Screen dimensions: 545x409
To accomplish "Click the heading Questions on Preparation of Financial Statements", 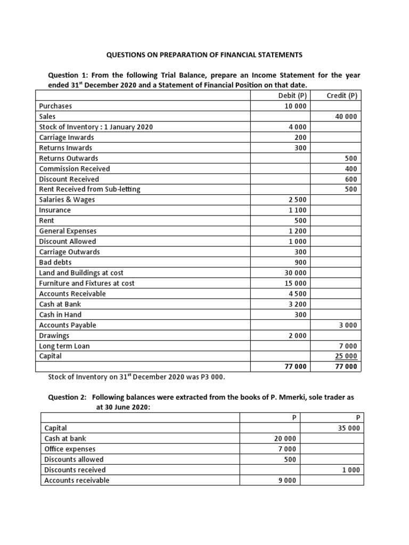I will click(x=204, y=55).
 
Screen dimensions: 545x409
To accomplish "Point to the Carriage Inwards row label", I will click(x=62, y=137).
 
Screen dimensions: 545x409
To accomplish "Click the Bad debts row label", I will click(x=55, y=262).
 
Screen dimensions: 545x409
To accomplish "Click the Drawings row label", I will click(x=54, y=335).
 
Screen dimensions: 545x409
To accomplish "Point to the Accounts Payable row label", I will click(x=68, y=325).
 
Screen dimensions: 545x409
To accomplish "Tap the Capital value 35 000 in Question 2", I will click(x=349, y=428).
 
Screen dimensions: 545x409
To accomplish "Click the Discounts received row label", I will click(x=75, y=469).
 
